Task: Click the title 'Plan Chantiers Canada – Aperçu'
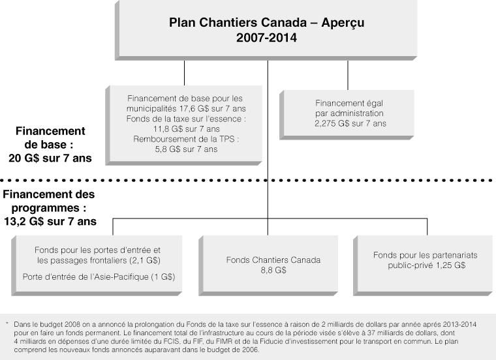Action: (266, 23)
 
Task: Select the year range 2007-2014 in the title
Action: (266, 38)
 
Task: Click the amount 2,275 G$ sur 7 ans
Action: (350, 123)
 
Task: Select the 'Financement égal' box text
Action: (350, 103)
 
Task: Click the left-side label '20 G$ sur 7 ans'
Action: (50, 158)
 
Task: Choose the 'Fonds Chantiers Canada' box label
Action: (273, 260)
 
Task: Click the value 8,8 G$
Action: (273, 269)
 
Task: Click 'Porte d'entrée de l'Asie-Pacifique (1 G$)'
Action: (98, 277)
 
